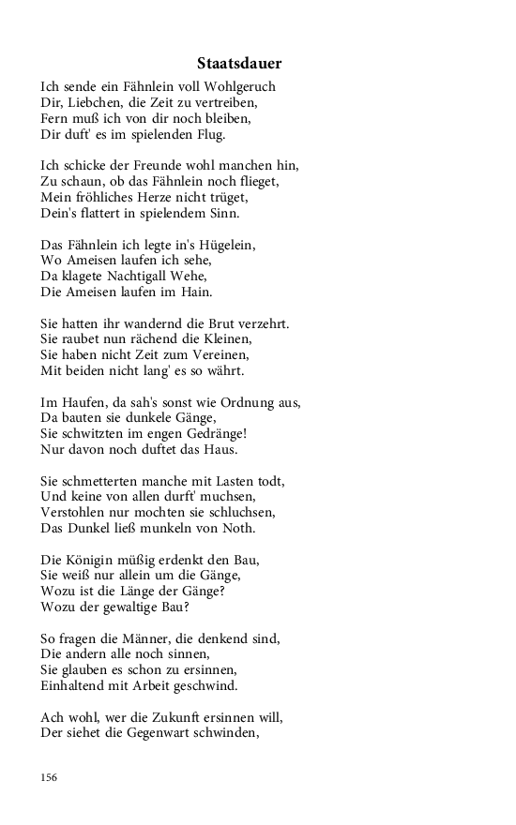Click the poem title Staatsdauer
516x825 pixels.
tap(239, 64)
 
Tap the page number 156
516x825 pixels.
tap(50, 776)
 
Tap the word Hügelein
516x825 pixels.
tap(224, 245)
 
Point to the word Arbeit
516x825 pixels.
tap(156, 687)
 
